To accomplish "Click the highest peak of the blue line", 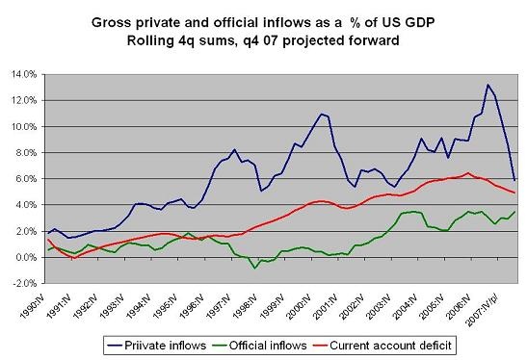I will point(487,85).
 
